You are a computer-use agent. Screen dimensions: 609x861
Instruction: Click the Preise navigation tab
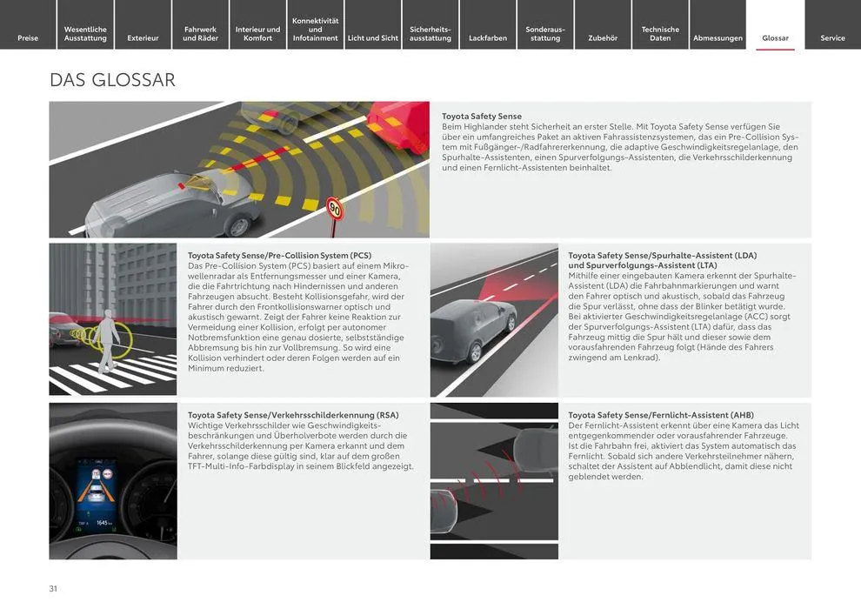[x=28, y=37]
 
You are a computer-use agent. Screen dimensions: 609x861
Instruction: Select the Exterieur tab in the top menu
[x=143, y=37]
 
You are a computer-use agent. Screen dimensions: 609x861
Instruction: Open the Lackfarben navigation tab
[x=487, y=37]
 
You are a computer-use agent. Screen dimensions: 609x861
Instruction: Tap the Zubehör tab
[x=603, y=37]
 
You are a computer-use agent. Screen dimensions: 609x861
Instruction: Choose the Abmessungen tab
[x=717, y=37]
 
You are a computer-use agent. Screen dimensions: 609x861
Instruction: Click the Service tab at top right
[x=832, y=37]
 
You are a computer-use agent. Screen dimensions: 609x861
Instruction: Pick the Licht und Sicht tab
[x=372, y=37]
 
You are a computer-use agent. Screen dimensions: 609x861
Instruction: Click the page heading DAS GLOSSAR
[x=113, y=80]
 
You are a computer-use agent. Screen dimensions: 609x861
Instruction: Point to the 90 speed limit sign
[x=335, y=209]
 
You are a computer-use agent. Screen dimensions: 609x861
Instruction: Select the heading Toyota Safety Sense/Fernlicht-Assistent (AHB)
[x=661, y=415]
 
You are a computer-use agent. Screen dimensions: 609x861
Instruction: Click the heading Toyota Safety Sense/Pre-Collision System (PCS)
[x=279, y=256]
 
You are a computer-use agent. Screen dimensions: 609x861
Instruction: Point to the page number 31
[x=54, y=589]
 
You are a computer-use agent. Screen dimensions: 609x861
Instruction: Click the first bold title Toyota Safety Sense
[x=482, y=117]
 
